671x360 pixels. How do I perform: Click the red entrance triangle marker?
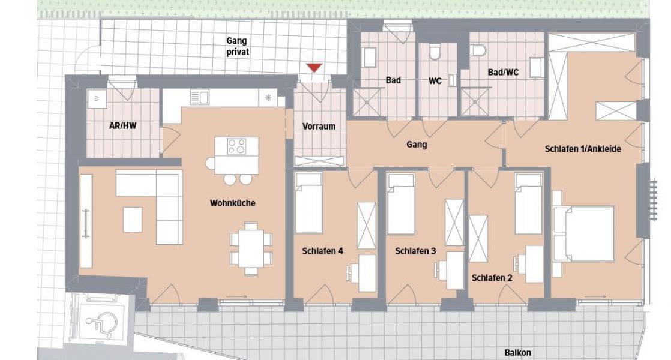tap(314, 68)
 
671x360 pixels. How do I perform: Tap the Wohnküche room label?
tap(233, 203)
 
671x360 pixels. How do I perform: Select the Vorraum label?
tap(319, 127)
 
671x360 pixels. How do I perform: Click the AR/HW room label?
tap(123, 126)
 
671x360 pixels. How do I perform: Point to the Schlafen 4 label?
tap(323, 251)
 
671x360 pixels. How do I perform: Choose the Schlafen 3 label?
tap(415, 251)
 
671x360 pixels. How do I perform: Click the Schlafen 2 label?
tap(492, 278)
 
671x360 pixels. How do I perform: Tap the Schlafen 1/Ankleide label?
tap(583, 149)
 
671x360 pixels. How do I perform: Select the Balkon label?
tap(518, 353)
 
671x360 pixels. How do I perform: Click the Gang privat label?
tap(238, 46)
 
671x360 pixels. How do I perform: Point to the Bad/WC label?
tap(503, 72)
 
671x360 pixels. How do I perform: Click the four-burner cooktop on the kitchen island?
tap(236, 146)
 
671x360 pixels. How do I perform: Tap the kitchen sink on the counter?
tap(199, 97)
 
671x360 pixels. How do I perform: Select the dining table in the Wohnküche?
tap(251, 248)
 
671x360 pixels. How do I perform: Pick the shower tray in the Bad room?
tap(367, 102)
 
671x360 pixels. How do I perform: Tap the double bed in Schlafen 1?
tap(584, 233)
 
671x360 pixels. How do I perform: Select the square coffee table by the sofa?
tap(133, 220)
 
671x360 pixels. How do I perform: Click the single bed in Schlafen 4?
tap(308, 203)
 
